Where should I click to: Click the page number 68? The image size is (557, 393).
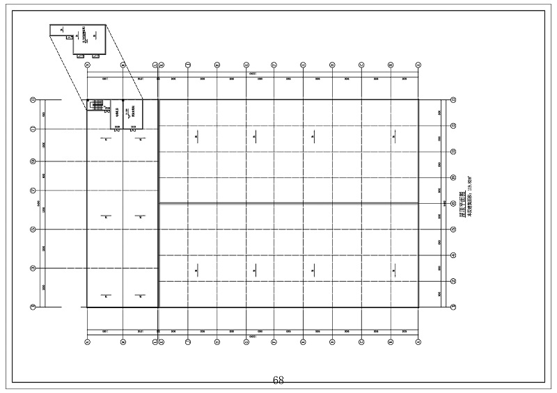[278, 380]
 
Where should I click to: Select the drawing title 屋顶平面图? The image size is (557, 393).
[462, 206]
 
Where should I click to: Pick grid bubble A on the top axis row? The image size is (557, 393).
[87, 65]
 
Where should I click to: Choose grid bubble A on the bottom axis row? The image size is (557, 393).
[87, 341]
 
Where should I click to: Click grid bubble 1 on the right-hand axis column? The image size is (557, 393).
[453, 306]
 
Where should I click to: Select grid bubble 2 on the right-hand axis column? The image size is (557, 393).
[453, 281]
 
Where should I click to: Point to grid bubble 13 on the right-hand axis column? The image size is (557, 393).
[453, 100]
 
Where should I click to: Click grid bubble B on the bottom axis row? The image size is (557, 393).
[123, 341]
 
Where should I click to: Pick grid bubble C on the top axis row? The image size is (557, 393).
[155, 65]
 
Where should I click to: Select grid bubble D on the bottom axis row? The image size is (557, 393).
[161, 341]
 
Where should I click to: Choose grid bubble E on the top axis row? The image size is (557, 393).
[189, 65]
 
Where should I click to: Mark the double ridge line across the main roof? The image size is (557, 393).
[288, 203]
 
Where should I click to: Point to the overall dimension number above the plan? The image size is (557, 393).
[252, 73]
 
